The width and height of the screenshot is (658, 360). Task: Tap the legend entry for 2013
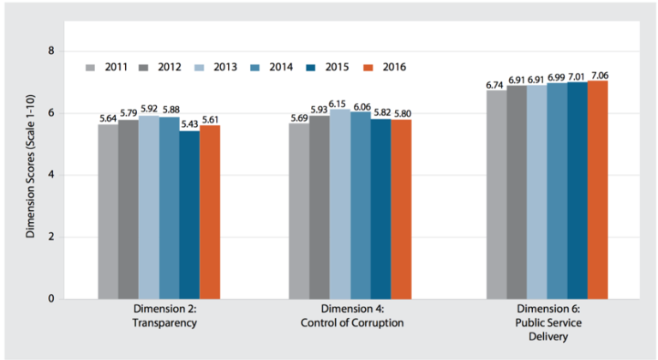coord(216,67)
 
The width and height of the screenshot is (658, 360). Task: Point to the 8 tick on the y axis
coord(51,51)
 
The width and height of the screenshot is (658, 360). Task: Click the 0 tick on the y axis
coord(51,298)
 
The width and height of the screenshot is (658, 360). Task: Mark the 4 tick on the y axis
coord(51,175)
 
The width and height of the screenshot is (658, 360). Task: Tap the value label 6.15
coord(340,103)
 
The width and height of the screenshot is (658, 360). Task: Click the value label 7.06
coord(598,75)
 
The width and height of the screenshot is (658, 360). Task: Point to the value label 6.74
coord(497,85)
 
